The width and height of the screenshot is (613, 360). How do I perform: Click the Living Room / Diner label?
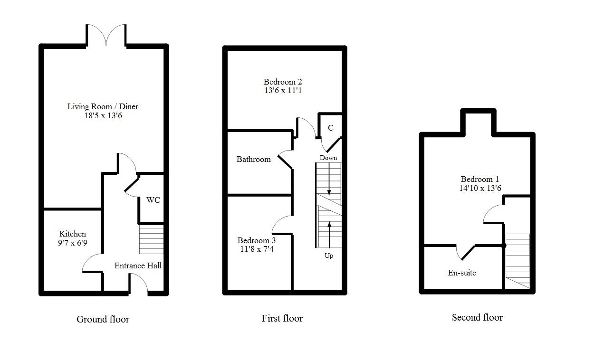[103, 106]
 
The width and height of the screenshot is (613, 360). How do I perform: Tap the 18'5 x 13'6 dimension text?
[103, 116]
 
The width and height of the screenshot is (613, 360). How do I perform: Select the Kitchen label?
[73, 234]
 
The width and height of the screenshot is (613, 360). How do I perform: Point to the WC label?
[153, 200]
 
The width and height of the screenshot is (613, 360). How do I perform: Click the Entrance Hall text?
[138, 265]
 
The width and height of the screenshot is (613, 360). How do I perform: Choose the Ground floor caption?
[103, 319]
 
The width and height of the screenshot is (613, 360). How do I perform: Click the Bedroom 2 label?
[283, 82]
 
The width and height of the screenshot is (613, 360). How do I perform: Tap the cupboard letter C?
[331, 128]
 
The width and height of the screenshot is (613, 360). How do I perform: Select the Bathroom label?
[254, 159]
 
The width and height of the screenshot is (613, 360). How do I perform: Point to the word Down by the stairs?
[328, 158]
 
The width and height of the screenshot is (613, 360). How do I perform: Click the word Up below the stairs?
[329, 256]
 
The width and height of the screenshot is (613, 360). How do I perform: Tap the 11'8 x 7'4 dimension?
[257, 249]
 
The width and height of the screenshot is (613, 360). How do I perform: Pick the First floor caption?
[282, 318]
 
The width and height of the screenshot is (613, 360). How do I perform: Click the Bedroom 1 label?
[480, 179]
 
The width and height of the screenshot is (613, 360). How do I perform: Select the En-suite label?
[462, 273]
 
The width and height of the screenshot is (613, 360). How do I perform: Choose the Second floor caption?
[477, 318]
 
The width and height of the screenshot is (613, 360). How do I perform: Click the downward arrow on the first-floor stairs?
[329, 179]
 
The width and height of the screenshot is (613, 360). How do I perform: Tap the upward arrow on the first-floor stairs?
[329, 235]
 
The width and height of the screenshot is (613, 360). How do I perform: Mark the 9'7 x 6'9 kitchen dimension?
[73, 243]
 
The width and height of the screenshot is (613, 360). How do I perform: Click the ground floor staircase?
[151, 239]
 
